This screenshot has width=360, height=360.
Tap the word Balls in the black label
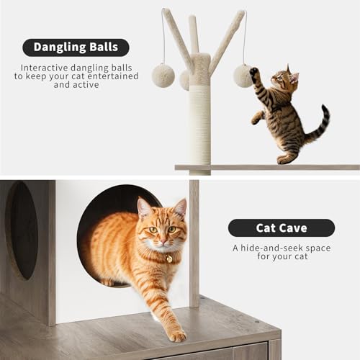click(104, 48)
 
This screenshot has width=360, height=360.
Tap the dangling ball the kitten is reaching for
click(243, 76)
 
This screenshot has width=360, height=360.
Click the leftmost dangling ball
click(163, 76)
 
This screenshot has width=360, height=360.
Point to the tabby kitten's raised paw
click(254, 73)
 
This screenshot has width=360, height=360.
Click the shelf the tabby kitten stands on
click(266, 167)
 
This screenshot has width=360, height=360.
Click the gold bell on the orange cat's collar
click(168, 258)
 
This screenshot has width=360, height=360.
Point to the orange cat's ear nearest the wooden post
click(179, 209)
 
